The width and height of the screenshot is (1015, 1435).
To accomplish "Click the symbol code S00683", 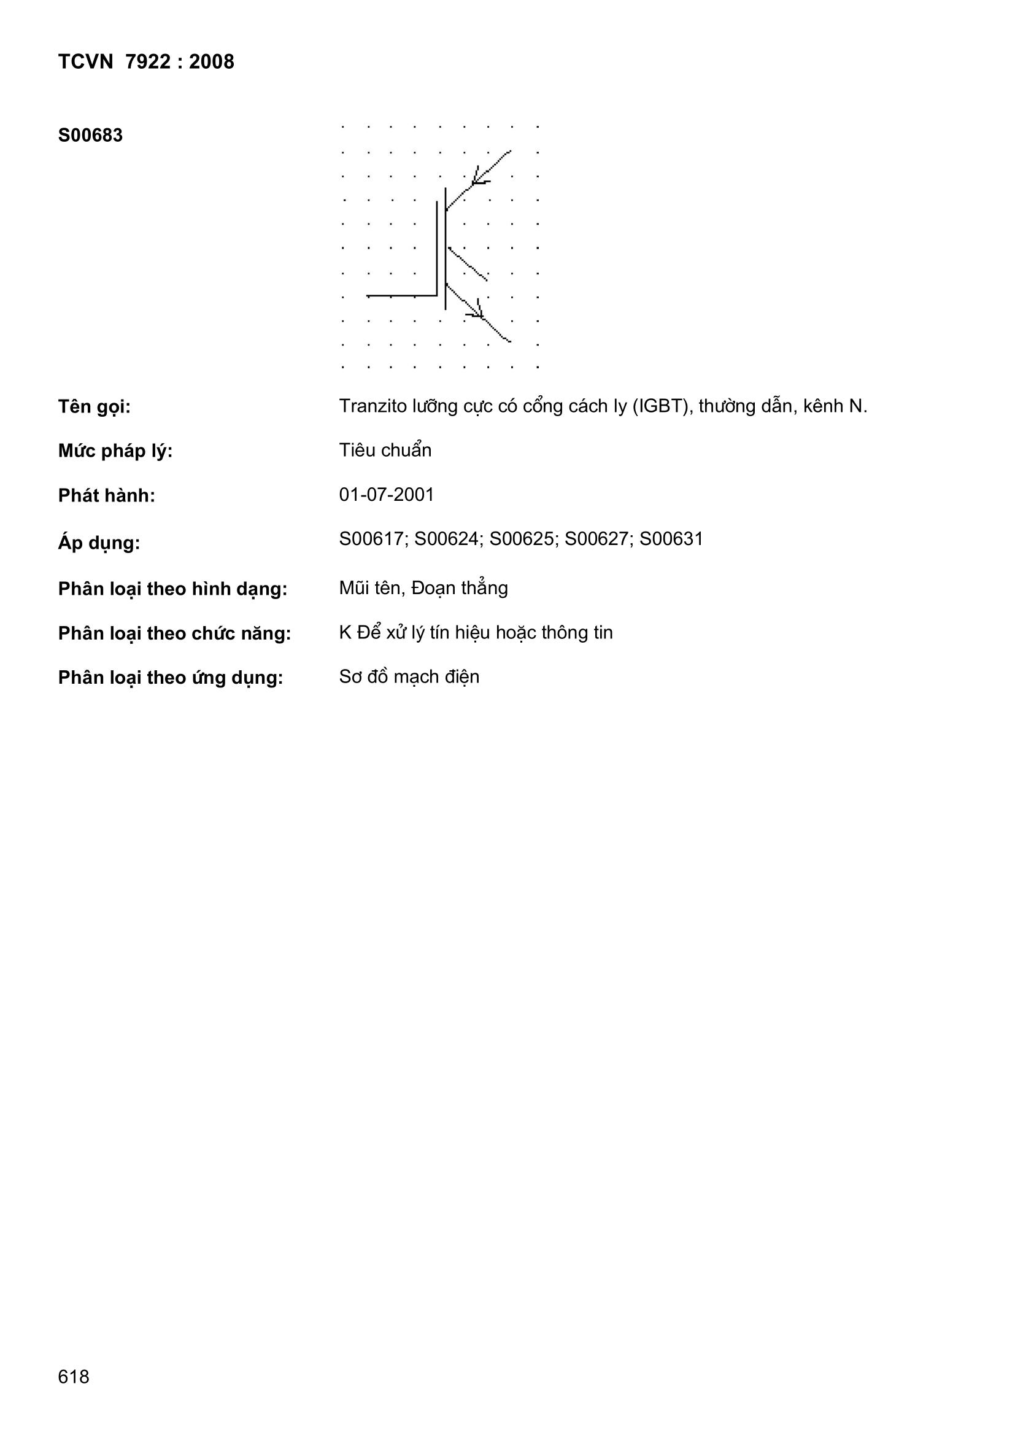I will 90,135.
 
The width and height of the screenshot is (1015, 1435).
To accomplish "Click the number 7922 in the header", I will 147,61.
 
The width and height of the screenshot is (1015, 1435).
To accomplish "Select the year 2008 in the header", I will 211,61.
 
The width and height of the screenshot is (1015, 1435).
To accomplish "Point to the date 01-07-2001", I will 386,494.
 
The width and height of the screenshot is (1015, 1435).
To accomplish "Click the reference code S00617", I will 372,539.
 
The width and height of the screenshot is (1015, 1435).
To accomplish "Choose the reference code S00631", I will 671,539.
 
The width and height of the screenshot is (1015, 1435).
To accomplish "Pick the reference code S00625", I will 522,539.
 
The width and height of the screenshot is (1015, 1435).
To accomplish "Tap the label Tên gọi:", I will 95,407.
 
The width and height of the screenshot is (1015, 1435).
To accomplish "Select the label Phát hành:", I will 106,496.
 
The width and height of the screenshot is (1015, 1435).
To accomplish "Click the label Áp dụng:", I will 99,543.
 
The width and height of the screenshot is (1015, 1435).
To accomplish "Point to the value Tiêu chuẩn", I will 385,450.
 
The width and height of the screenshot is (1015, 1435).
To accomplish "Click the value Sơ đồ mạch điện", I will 409,677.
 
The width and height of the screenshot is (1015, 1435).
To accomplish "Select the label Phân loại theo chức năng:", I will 174,633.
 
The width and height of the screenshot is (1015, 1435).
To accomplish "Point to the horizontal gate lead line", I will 401,295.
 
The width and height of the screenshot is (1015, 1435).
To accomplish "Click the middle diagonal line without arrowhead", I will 468,264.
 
